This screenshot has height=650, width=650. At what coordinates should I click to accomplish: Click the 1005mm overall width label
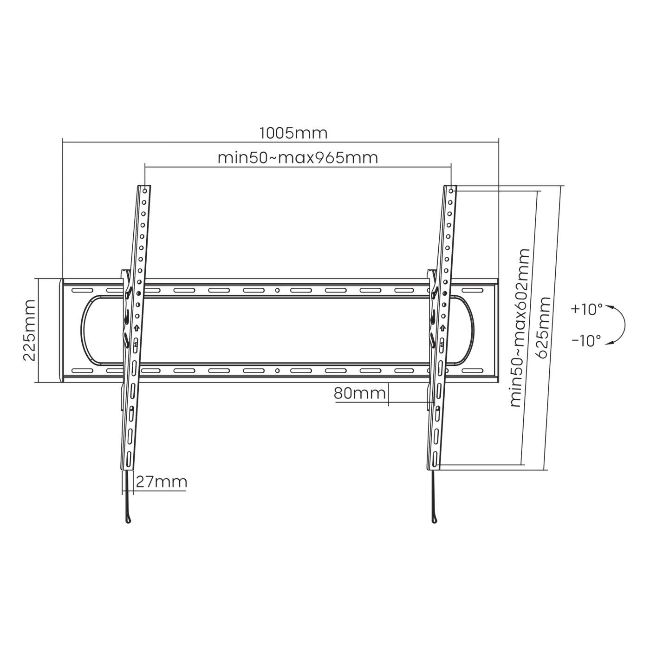[x=293, y=133]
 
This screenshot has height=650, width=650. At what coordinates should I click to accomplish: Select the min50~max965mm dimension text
[x=298, y=158]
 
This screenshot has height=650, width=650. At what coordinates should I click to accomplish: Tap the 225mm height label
[x=29, y=330]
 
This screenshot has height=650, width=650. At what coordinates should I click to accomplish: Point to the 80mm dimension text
[x=359, y=393]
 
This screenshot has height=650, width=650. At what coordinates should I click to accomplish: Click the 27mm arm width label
[x=161, y=482]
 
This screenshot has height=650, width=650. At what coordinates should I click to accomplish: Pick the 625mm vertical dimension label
[x=543, y=328]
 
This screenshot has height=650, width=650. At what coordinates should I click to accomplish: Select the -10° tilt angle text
[x=586, y=341]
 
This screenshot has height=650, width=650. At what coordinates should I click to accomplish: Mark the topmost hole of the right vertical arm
[x=452, y=190]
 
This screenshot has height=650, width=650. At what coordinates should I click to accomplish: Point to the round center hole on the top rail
[x=277, y=291]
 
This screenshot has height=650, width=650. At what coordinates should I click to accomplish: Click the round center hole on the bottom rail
[x=277, y=371]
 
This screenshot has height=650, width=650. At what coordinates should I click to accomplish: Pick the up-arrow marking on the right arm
[x=443, y=328]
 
